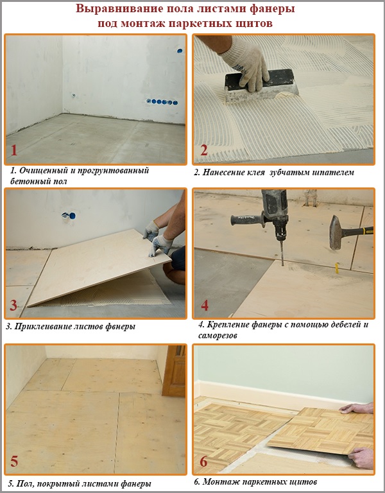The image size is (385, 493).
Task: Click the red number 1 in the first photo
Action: point(15,151)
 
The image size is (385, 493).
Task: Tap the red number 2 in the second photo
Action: point(204,151)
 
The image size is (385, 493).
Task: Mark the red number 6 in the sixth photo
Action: point(204,461)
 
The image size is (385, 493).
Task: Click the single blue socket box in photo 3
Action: point(65,217)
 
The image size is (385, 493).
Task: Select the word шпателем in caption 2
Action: point(332,172)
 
